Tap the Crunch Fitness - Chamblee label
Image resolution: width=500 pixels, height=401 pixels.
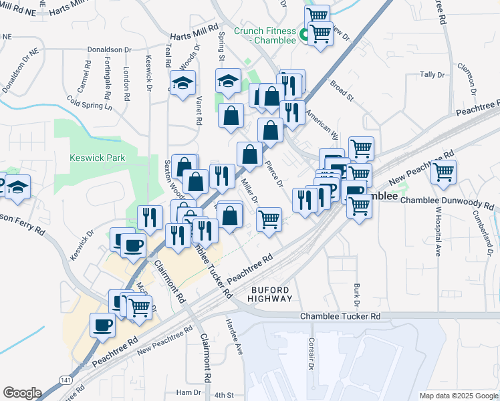pos(265,35)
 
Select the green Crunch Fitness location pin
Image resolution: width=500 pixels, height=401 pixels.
pos(303,34)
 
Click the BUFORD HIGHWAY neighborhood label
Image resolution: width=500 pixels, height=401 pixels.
pos(271,294)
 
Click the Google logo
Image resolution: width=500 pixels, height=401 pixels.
pos(22,393)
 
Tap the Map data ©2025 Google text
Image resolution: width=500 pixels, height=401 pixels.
pos(457,396)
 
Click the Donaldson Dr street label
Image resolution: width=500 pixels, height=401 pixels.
pos(111,49)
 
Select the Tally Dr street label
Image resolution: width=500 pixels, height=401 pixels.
pos(432,75)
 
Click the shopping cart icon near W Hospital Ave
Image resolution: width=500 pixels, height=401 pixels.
pos(444,172)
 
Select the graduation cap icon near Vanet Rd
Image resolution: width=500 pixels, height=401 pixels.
pos(182,84)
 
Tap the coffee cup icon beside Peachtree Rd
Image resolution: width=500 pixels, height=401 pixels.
pos(102,325)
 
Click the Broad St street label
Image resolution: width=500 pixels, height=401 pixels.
pos(342,91)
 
